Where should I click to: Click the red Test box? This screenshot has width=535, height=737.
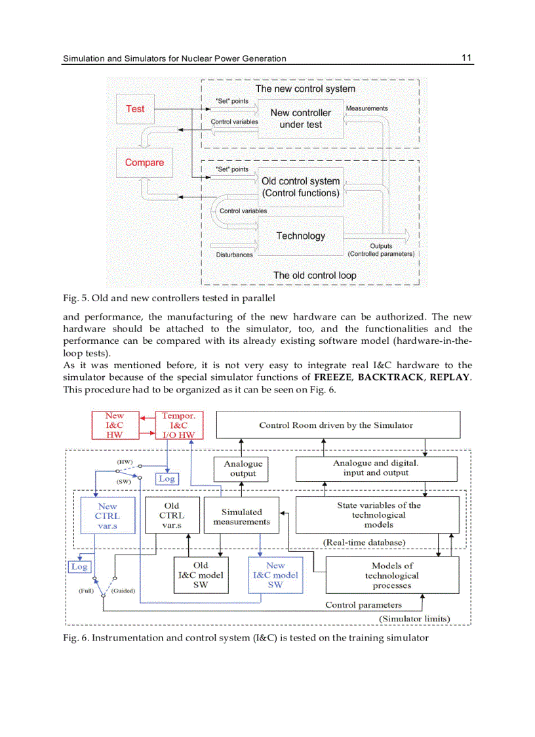135,109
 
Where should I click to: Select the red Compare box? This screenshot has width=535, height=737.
144,163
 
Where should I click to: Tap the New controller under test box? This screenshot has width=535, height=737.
300,119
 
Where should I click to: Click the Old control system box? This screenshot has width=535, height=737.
300,187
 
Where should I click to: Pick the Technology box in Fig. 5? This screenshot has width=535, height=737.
300,236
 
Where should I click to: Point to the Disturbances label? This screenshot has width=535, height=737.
234,255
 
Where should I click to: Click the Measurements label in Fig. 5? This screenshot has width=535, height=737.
367,108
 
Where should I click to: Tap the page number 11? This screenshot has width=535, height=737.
466,58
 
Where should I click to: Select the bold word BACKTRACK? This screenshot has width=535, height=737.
390,377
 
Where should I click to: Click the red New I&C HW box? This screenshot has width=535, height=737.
114,425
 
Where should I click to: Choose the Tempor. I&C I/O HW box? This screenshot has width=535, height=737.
178,425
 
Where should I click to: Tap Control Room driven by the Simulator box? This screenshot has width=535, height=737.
338,425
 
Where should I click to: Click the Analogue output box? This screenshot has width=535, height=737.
243,469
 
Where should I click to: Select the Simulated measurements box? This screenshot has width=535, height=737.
241,516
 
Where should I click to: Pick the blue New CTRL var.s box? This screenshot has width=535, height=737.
108,516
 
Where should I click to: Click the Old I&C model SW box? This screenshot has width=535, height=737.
201,575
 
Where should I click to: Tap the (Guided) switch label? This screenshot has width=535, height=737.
123,591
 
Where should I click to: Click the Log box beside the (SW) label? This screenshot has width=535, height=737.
167,479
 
